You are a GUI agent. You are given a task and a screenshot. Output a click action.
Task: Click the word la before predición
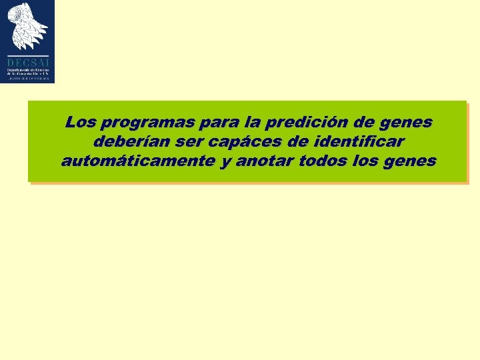pyautogui.click(x=253, y=123)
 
